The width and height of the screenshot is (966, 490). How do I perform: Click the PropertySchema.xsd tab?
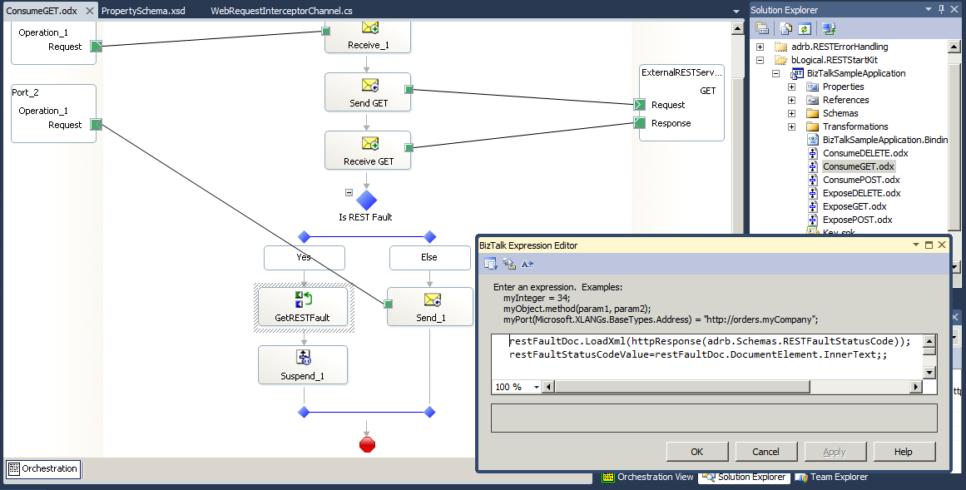pyautogui.click(x=143, y=11)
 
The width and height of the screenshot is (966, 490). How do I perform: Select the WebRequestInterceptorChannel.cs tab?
pyautogui.click(x=281, y=11)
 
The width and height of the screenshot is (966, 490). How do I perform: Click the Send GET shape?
pyautogui.click(x=368, y=92)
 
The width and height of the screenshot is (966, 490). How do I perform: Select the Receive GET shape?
pyautogui.click(x=368, y=150)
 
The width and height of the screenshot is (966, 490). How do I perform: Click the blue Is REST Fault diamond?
pyautogui.click(x=367, y=200)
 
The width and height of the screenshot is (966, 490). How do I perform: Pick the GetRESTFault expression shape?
pyautogui.click(x=303, y=307)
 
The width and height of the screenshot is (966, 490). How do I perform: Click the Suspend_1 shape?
pyautogui.click(x=303, y=365)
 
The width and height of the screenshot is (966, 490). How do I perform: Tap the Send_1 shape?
pyautogui.click(x=430, y=306)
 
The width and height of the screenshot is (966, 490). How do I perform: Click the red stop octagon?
pyautogui.click(x=367, y=444)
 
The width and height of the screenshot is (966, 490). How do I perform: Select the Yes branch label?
pyautogui.click(x=305, y=258)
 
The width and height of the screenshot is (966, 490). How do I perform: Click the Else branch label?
pyautogui.click(x=429, y=258)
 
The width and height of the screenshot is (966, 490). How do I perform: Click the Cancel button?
pyautogui.click(x=765, y=452)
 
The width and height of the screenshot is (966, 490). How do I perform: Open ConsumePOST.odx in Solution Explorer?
pyautogui.click(x=861, y=180)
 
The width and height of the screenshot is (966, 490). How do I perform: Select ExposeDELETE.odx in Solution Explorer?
pyautogui.click(x=862, y=193)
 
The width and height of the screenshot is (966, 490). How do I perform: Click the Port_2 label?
pyautogui.click(x=25, y=92)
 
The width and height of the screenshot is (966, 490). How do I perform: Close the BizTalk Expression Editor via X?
pyautogui.click(x=941, y=245)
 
